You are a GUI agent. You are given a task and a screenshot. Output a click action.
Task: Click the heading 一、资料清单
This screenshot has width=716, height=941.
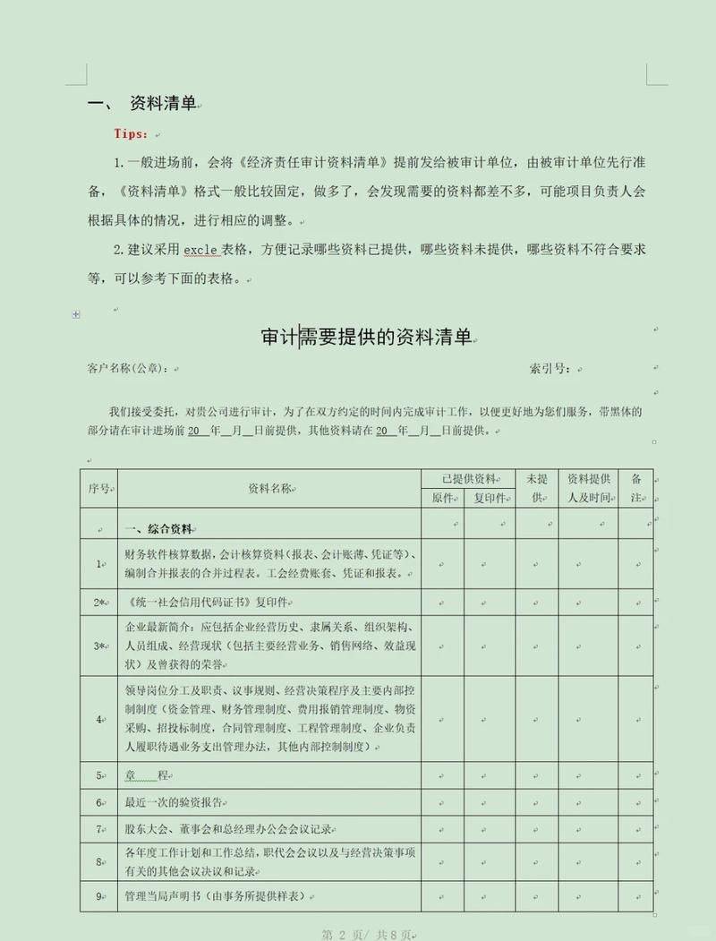[143, 104]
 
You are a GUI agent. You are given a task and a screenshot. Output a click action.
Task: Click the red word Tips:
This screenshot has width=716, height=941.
[131, 133]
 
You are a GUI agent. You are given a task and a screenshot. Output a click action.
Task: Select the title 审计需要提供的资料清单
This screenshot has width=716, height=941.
[366, 337]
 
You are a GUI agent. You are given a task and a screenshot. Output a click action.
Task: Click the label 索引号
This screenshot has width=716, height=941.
[550, 368]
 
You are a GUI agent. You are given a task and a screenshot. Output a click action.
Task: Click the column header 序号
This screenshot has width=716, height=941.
[98, 489]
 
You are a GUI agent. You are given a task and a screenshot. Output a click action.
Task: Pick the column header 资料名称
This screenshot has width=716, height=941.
[269, 489]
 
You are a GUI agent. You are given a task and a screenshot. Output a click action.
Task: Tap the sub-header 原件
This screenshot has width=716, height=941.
[443, 499]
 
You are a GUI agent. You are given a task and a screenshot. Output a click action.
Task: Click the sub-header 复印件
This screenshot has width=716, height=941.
[490, 499]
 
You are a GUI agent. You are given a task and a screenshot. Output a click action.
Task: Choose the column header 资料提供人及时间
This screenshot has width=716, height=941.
[589, 489]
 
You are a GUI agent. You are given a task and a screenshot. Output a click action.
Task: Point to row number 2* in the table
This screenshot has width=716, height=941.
[98, 602]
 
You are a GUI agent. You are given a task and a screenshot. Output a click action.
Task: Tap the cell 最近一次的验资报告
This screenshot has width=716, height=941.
[175, 802]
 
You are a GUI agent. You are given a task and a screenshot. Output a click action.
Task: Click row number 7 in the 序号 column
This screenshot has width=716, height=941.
[98, 830]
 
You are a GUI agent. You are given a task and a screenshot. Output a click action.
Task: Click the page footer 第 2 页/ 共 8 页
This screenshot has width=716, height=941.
[366, 934]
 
